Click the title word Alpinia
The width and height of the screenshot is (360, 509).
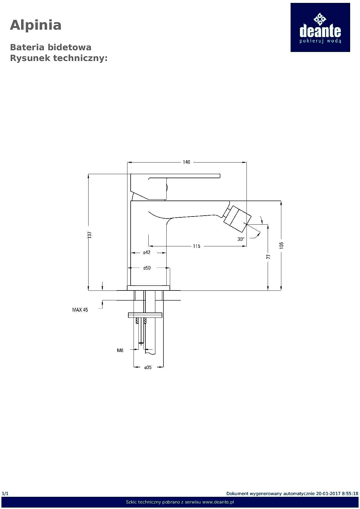(36, 25)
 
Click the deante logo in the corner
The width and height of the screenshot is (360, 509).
(320, 28)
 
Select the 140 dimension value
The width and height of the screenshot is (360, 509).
(186, 162)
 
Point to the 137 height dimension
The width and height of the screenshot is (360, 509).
(90, 235)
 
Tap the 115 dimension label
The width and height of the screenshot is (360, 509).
(197, 246)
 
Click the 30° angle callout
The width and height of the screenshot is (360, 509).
(241, 239)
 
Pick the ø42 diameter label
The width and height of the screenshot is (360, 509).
(147, 252)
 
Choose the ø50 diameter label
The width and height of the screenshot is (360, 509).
(147, 268)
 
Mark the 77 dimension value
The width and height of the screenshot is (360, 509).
(269, 257)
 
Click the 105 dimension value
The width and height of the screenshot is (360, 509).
(281, 245)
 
